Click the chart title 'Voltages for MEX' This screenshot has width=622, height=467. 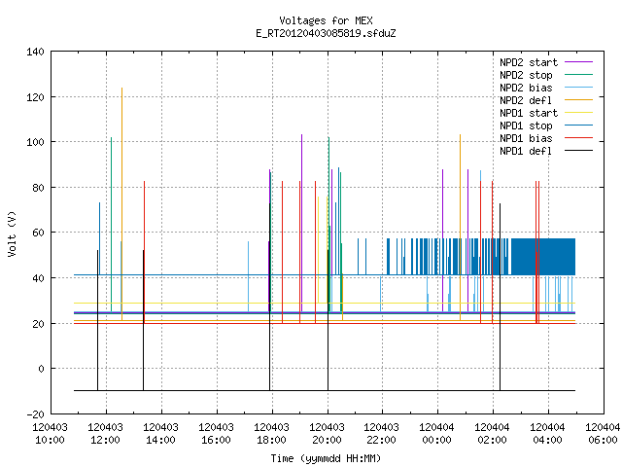pos(326,20)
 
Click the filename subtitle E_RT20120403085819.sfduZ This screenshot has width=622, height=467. pos(326,33)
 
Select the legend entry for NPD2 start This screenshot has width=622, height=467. pos(546,62)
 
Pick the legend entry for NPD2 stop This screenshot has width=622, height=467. pos(546,75)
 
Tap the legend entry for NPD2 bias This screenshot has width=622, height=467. pos(546,88)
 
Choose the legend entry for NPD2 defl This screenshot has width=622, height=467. pos(546,100)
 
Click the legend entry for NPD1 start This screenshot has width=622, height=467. pos(546,113)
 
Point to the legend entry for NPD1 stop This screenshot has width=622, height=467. pos(546,126)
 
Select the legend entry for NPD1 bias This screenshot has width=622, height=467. pos(546,138)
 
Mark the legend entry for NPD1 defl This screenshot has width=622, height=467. pos(546,152)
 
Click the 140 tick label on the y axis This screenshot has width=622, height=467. pos(35,52)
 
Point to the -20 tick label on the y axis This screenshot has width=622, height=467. pos(35,414)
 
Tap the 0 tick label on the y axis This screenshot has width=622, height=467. pos(41,369)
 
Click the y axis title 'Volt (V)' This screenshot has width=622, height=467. pos(13,233)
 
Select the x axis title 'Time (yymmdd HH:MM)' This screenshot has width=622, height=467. pos(326,458)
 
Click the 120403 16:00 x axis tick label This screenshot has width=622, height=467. pos(216,434)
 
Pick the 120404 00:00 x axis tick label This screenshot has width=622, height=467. pos(437,434)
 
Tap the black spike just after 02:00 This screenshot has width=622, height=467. pos(500,297)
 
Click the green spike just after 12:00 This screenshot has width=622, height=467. pos(111,225)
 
